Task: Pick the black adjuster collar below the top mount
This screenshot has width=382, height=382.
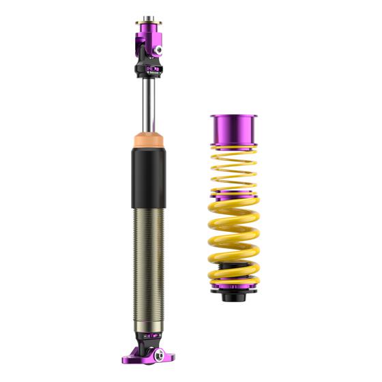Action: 148,68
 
